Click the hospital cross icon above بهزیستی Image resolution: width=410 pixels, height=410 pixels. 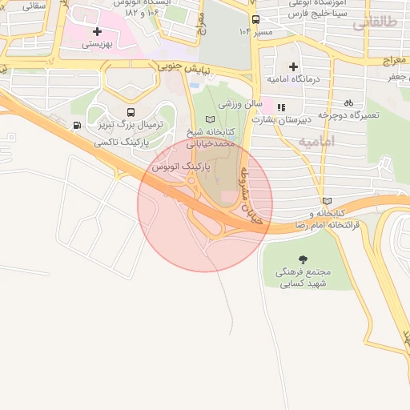coord(97,31)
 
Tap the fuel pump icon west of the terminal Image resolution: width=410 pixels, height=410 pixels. coord(76,125)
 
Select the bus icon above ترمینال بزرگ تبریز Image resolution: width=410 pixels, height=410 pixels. coord(131,113)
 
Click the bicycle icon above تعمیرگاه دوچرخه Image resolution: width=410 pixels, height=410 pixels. coord(348,102)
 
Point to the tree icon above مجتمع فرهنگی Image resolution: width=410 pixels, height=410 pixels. coord(303,259)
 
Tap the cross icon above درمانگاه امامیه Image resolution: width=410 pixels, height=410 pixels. coord(293,66)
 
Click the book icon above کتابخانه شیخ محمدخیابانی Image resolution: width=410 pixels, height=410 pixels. coord(211,119)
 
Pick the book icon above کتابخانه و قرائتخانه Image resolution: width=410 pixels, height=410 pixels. coord(326,201)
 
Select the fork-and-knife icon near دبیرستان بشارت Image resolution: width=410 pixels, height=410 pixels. coord(280,107)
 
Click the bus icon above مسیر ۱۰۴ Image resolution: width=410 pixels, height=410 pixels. coord(255,19)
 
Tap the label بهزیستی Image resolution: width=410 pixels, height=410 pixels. coord(97,45)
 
